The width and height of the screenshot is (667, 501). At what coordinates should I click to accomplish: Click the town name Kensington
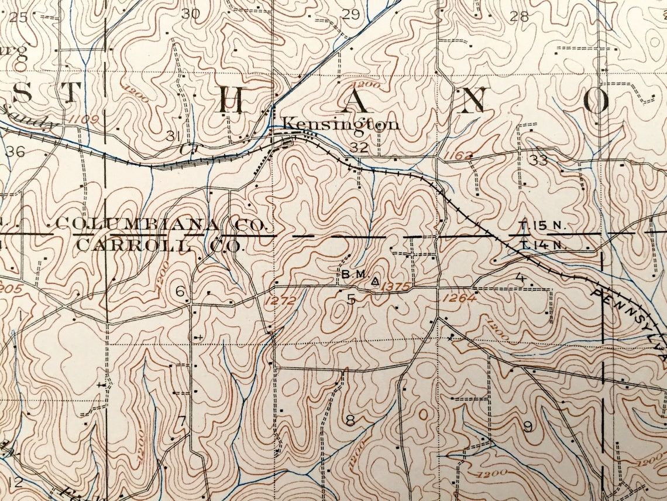click(341, 124)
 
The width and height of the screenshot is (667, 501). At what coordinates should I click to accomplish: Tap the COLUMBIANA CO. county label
click(162, 224)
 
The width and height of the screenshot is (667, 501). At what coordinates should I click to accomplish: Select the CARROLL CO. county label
click(159, 245)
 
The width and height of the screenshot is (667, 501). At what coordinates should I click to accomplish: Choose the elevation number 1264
click(459, 298)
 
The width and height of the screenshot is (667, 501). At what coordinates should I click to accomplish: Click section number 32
click(359, 147)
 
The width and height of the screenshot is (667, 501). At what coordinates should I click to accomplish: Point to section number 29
click(350, 15)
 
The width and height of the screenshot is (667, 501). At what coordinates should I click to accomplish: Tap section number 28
click(519, 16)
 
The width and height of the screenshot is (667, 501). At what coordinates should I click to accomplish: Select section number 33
click(539, 160)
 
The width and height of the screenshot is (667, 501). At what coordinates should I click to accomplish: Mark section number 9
click(527, 427)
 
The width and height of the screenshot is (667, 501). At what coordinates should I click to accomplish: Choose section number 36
click(16, 152)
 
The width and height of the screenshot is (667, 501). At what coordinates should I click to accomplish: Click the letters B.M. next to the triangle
click(353, 274)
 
